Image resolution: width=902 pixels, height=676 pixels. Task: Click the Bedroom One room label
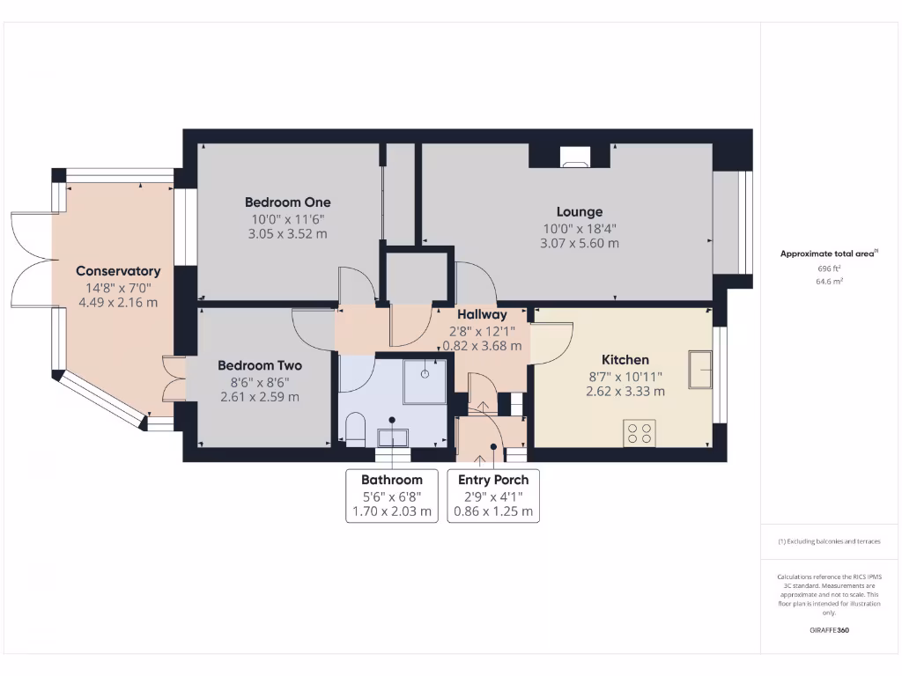click(x=287, y=202)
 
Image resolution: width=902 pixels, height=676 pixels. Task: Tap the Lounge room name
click(x=579, y=212)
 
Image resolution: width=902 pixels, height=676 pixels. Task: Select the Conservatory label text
click(x=118, y=271)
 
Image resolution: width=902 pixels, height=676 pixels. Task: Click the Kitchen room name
click(x=625, y=360)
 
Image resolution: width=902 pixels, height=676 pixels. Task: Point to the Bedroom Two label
click(x=260, y=365)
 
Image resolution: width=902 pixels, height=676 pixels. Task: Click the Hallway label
click(x=482, y=314)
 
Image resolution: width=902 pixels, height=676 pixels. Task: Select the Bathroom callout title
click(x=391, y=480)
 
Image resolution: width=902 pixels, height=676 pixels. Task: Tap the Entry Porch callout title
click(x=493, y=480)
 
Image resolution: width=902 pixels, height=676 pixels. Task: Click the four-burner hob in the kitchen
click(x=640, y=433)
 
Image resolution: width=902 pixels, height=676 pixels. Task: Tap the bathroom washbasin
click(x=393, y=437)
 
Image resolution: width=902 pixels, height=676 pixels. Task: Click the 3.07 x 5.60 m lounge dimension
click(x=579, y=243)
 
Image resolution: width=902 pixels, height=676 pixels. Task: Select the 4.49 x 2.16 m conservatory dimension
click(x=118, y=303)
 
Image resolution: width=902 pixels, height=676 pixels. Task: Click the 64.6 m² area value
click(x=829, y=282)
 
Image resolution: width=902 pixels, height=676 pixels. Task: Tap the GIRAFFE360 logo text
click(x=829, y=630)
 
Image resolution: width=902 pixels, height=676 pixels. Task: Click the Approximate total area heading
click(x=828, y=253)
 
